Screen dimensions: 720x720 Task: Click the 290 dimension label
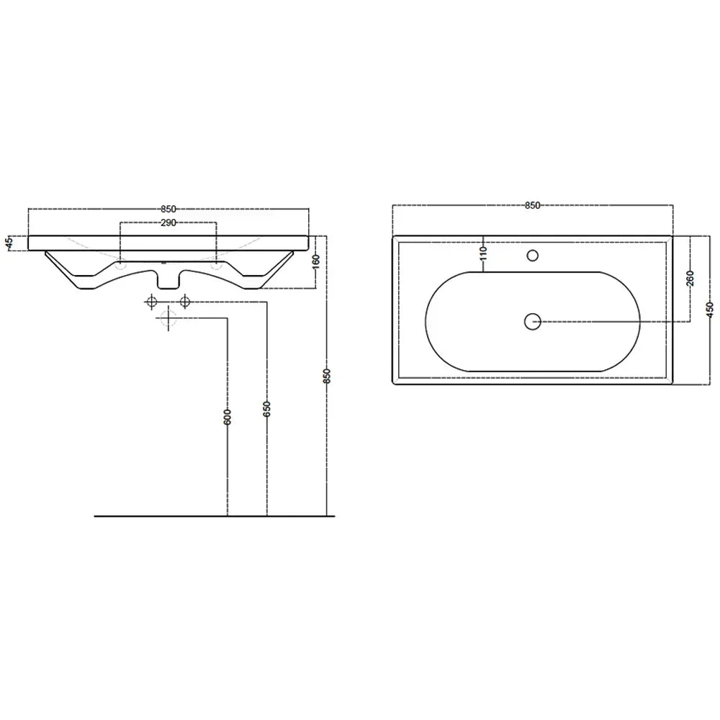coord(168,223)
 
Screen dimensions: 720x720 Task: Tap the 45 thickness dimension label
coord(9,243)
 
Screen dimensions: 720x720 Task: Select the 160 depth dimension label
coord(316,262)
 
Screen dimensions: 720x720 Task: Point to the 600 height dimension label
coord(228,416)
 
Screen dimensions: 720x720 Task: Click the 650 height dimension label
coord(267,409)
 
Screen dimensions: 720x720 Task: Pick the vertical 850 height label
coord(326,376)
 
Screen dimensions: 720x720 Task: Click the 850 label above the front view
coord(168,210)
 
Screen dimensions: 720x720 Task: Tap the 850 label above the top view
coord(532,206)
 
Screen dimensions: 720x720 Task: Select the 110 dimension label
coord(483,254)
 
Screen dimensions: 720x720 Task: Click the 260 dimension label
coord(690,278)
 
